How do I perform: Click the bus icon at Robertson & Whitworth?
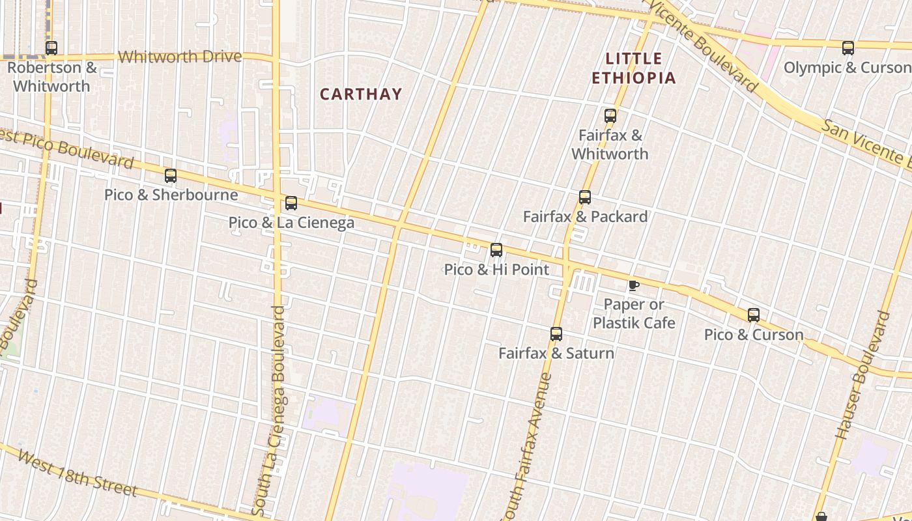pos(51,48)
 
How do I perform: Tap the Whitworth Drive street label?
pos(180,57)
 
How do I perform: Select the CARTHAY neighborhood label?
pos(360,94)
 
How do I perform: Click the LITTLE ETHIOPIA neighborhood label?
pos(633,68)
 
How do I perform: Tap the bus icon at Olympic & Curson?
pos(848,48)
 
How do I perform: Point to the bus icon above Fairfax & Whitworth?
pos(610,116)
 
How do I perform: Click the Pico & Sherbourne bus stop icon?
pos(170,175)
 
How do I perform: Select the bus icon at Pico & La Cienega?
pos(291,203)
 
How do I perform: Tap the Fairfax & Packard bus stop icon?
pos(584,197)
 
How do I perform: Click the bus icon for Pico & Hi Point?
pos(496,250)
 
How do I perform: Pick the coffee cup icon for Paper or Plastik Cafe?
pos(633,285)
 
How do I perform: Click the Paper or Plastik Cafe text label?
pos(634,313)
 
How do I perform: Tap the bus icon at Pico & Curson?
pos(753,315)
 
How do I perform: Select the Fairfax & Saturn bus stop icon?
pos(556,334)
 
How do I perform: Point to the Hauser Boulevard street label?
pos(862,374)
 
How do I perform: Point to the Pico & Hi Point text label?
pos(496,270)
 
